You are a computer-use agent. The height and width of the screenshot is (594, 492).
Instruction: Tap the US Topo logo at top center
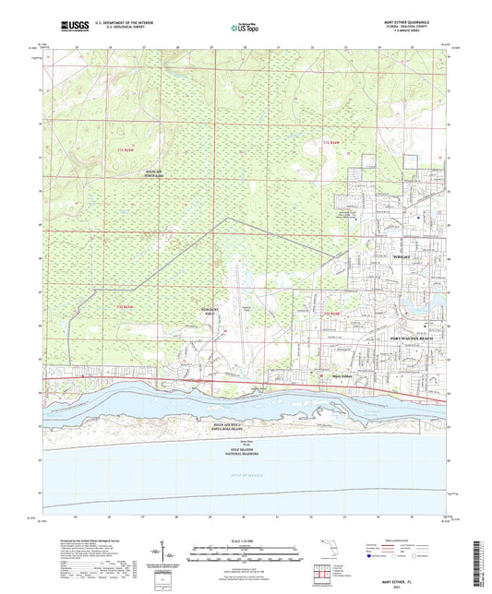tap(240, 29)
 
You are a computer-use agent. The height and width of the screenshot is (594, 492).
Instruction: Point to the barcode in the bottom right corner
tap(485, 563)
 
